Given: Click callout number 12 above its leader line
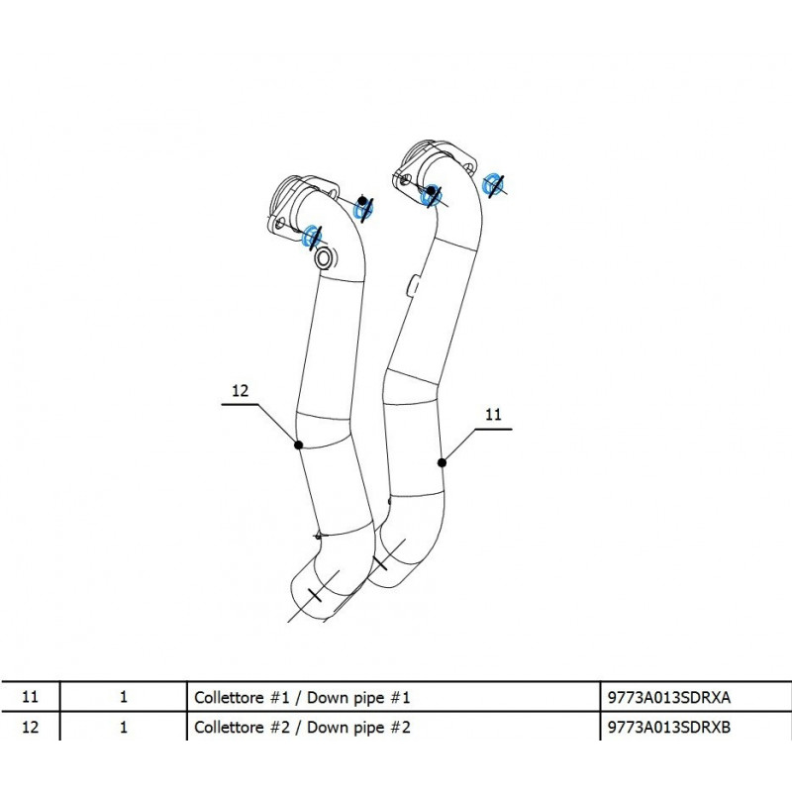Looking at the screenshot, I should pos(240,391).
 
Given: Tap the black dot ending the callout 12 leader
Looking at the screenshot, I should pos(298,445).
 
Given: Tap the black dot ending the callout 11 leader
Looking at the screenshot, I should pos(442,461).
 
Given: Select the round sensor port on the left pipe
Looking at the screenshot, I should pos(324,259).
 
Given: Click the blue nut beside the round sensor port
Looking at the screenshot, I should pos(309,236).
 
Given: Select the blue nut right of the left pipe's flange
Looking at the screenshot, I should pos(363,208).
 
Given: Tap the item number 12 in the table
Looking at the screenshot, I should pos(29,729).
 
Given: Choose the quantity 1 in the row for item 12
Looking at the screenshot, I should pos(123,729).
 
